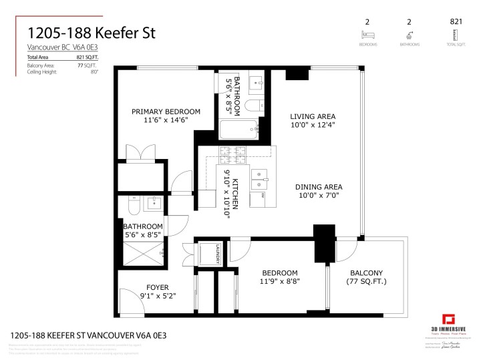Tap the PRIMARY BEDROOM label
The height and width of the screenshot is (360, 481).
pyautogui.click(x=166, y=112)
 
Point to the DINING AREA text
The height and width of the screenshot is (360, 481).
pyautogui.click(x=319, y=187)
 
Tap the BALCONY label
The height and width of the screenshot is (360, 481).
pyautogui.click(x=366, y=273)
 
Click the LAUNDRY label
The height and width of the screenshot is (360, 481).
pyautogui.click(x=218, y=254)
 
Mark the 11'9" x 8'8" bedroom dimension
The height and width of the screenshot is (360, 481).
pyautogui.click(x=280, y=282)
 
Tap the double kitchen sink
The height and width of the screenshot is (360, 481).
pyautogui.click(x=259, y=178)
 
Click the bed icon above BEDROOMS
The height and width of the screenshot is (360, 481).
pyautogui.click(x=366, y=33)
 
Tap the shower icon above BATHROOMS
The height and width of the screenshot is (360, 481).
pyautogui.click(x=409, y=33)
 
